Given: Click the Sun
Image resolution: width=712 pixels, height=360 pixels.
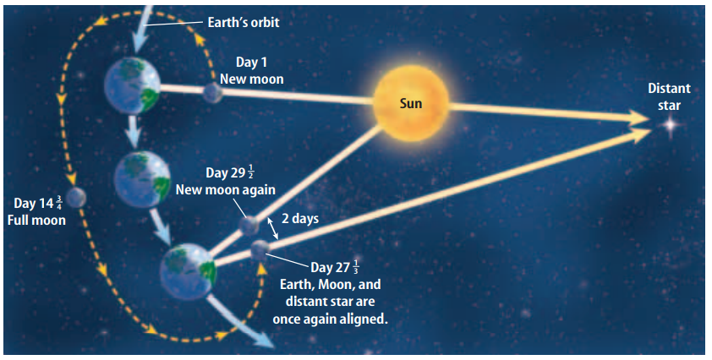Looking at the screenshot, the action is tap(410, 103).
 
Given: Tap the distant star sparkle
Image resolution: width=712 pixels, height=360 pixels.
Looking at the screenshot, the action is tap(671, 123).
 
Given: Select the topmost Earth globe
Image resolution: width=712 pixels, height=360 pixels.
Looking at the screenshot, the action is tap(132, 85).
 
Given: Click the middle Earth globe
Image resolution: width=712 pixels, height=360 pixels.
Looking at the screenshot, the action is tap(142, 179).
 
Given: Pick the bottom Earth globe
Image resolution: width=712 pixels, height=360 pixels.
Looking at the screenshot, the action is tap(189, 271).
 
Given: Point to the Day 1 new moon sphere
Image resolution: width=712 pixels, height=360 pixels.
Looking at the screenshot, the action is tap(212, 93).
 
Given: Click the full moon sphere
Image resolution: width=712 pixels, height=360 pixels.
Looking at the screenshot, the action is tap(76, 197).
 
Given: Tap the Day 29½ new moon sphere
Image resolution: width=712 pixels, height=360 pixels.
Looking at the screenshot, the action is tap(249, 226).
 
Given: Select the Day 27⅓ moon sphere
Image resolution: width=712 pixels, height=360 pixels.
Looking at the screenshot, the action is tap(260, 250).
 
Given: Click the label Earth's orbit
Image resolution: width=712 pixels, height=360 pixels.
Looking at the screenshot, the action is tap(244, 22).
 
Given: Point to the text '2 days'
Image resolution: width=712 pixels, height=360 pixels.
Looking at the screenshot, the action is tap(300, 218).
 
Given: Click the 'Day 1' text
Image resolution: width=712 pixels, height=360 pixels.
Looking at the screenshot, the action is tap(251, 62).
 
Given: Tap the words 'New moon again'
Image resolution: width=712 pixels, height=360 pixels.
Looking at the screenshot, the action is tap(226, 189).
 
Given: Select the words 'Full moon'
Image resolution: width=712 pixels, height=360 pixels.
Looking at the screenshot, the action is tap(36, 221).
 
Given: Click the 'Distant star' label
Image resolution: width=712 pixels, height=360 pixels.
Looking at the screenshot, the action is tap(669, 96).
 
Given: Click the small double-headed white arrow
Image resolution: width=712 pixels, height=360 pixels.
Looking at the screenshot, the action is tap(272, 228).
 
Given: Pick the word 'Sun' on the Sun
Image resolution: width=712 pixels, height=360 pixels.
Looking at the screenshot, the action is tap(410, 103).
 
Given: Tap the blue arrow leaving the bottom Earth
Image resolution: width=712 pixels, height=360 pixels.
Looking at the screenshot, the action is tap(241, 321).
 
